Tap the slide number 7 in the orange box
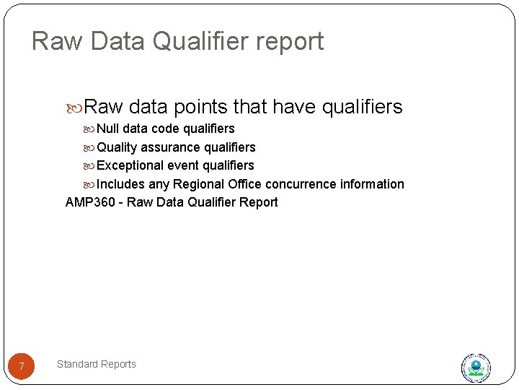[x=22, y=367]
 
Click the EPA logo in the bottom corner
[x=476, y=368]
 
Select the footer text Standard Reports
[x=96, y=364]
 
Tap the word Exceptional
[x=131, y=165]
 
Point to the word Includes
[x=120, y=184]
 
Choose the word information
[x=373, y=184]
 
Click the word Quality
[x=117, y=147]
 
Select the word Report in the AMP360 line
[x=258, y=202]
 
